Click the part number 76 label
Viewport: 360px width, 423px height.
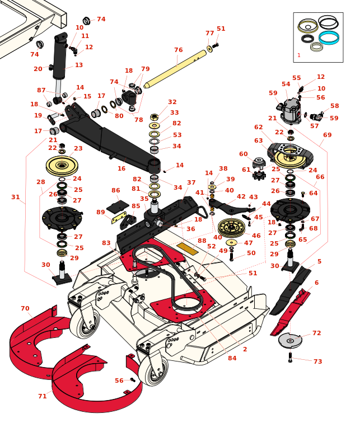[x=178, y=50]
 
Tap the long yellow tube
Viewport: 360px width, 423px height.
[x=176, y=69]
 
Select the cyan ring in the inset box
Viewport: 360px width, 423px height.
[x=329, y=37]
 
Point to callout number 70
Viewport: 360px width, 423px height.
[x=25, y=308]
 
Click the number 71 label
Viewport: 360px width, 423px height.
[x=42, y=396]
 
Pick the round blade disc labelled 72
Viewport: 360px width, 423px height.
[x=290, y=340]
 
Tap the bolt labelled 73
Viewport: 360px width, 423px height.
[x=290, y=356]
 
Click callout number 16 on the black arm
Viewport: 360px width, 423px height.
[x=121, y=168]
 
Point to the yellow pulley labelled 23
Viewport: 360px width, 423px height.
[x=62, y=166]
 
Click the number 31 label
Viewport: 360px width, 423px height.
[x=16, y=197]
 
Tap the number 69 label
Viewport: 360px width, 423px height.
[x=327, y=135]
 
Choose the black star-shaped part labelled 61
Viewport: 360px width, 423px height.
[x=259, y=175]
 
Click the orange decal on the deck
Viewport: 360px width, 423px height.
[x=188, y=248]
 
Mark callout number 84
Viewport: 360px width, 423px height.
[x=232, y=358]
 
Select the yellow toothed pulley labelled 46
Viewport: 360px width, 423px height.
[x=231, y=227]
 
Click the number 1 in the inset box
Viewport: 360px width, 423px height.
[x=299, y=55]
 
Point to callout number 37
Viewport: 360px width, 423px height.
[x=191, y=182]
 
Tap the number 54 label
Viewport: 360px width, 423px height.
[x=286, y=84]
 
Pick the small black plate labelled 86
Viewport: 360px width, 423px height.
[x=118, y=206]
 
